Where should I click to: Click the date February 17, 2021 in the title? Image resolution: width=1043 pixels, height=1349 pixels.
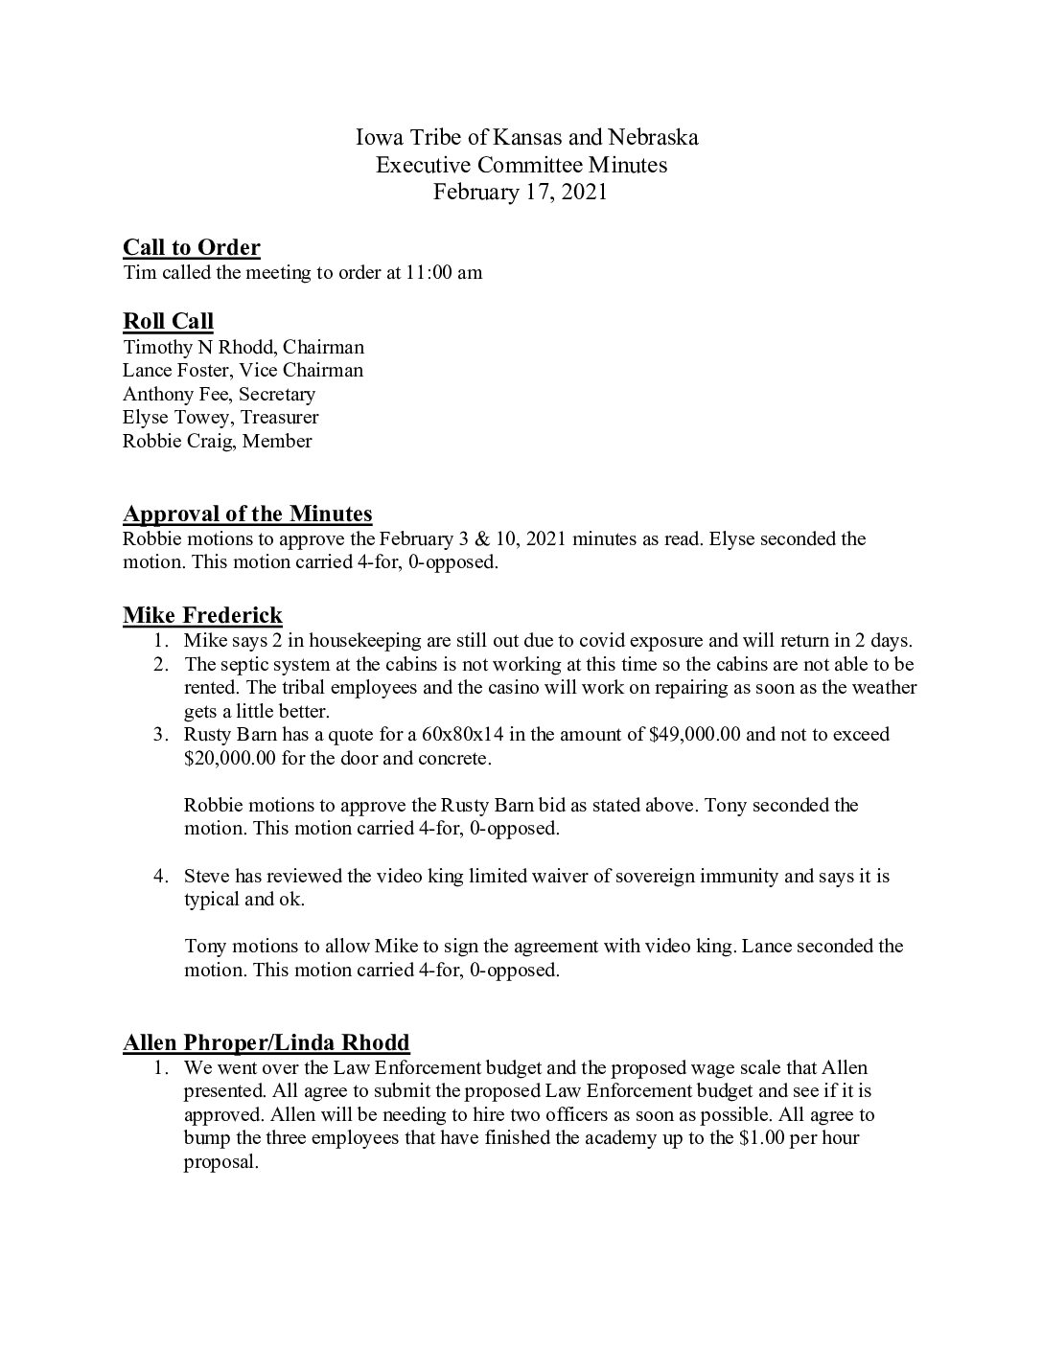pos(520,192)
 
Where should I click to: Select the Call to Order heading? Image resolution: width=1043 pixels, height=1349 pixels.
pos(192,248)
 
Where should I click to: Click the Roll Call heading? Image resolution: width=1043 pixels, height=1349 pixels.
pos(168,322)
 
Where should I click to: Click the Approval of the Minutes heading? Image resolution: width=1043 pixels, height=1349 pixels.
pos(247,514)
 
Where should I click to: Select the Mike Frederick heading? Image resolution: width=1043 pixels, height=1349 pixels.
pos(202,615)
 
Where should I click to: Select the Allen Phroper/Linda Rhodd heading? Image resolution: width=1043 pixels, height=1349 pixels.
pos(267,1042)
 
